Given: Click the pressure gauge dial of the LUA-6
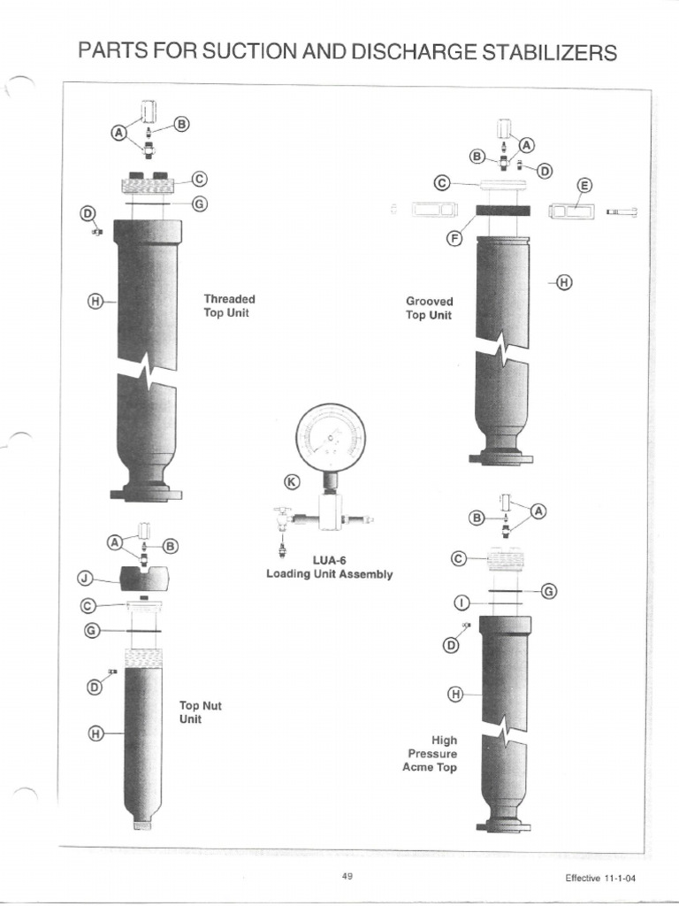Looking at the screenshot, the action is point(331,437).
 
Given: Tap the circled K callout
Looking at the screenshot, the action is point(293,481).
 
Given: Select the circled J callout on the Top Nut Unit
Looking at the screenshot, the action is point(85,578).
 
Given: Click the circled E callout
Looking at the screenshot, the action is point(585,186).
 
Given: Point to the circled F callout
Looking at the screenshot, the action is point(455,237).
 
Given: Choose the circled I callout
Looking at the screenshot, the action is point(462,603).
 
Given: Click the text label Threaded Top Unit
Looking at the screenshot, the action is point(229,305).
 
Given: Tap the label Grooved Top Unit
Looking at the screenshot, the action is point(429,308).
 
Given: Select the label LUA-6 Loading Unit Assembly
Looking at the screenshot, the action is point(329,567).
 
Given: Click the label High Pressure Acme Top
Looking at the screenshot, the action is point(431,754).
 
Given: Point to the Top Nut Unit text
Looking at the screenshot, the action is point(200,712).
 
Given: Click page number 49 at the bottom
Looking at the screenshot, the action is point(347,876).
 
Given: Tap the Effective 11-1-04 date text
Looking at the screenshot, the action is point(600,879).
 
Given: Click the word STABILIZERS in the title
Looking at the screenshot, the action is point(550,52).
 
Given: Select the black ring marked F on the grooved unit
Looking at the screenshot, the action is point(503,210).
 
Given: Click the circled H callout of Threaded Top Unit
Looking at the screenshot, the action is point(95,301).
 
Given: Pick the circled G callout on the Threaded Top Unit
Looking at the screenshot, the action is point(200,204).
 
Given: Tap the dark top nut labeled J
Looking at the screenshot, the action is point(146,579).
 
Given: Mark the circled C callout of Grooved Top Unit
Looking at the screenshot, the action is point(442,183).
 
